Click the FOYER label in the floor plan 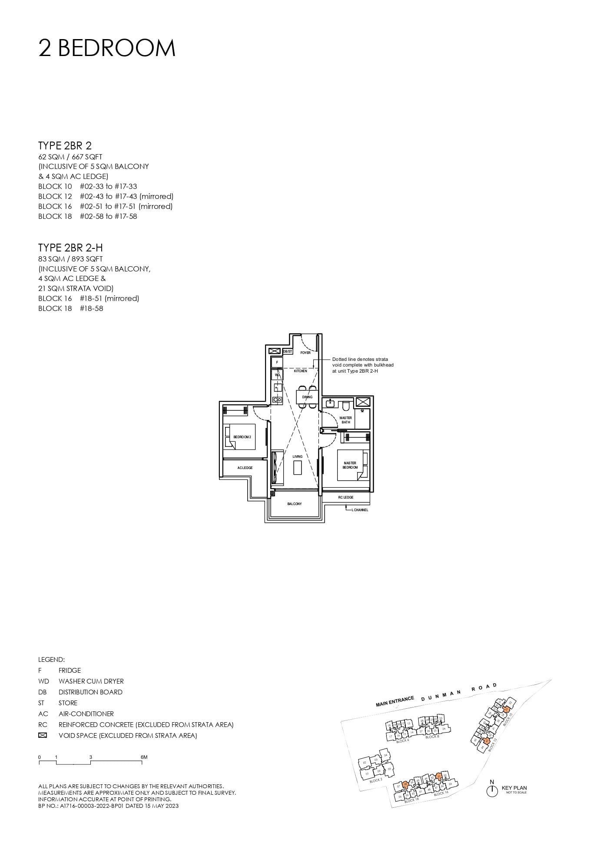click(x=305, y=353)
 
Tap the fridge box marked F click(x=277, y=362)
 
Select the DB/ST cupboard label click(x=288, y=351)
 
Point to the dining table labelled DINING click(x=307, y=397)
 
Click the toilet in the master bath click(x=346, y=406)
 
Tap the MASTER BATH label click(x=346, y=420)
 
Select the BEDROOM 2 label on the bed click(x=242, y=436)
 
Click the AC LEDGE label click(x=245, y=468)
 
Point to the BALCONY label click(x=294, y=504)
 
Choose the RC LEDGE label click(x=346, y=497)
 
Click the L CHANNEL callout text click(x=360, y=510)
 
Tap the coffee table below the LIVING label click(x=298, y=468)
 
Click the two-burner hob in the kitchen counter click(x=277, y=400)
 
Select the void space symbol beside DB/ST click(x=275, y=351)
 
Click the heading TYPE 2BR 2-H click(x=70, y=248)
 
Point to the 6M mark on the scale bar click(x=144, y=757)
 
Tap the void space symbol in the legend click(x=43, y=735)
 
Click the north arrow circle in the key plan click(x=492, y=791)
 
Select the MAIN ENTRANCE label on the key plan click(x=395, y=702)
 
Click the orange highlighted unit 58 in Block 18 click(x=405, y=784)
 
